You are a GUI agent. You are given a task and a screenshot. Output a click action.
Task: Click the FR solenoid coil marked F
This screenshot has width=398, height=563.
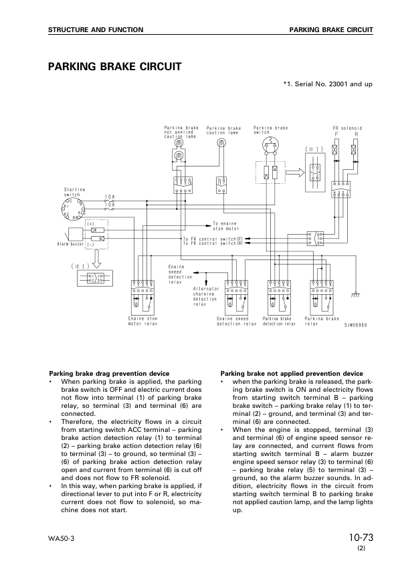pyautogui.click(x=336, y=151)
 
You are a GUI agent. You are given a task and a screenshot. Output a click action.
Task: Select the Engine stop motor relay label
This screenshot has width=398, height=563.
pyautogui.click(x=142, y=321)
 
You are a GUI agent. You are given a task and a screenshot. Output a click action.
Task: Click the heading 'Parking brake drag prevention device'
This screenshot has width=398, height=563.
pyautogui.click(x=110, y=373)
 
